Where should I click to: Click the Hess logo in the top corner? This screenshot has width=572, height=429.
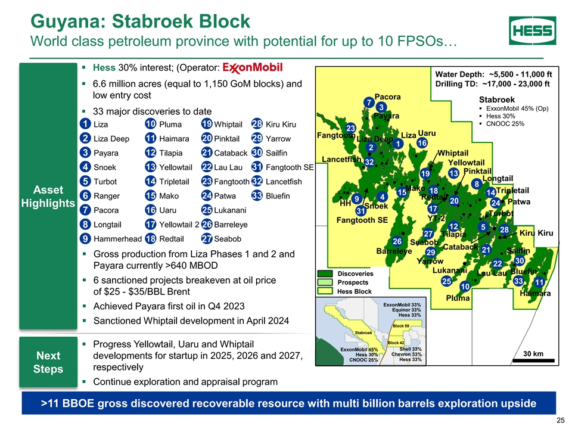(x=532, y=30)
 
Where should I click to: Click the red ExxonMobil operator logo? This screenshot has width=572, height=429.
(x=253, y=67)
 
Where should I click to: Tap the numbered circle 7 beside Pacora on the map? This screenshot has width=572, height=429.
(x=369, y=102)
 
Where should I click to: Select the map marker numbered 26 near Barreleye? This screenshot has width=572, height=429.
(x=397, y=241)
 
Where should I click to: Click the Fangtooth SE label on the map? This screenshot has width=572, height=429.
(x=362, y=220)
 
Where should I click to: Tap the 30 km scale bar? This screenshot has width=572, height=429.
(x=533, y=360)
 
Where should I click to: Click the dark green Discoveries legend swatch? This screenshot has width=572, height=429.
(x=325, y=273)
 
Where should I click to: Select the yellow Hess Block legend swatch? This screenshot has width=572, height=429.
(x=325, y=291)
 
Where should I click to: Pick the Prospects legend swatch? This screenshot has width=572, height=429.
(x=325, y=282)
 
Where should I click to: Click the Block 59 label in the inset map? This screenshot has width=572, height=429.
(x=401, y=326)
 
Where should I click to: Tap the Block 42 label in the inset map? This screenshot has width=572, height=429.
(x=396, y=343)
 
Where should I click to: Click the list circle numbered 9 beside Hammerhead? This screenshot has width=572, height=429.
(x=85, y=239)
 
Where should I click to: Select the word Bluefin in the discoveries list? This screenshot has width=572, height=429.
(x=278, y=196)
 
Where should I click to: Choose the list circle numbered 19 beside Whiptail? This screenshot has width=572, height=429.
(x=207, y=124)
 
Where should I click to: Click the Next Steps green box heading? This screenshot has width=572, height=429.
(x=48, y=362)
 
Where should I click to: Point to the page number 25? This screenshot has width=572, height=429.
(x=560, y=421)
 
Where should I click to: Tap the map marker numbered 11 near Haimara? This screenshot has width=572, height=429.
(x=539, y=282)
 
